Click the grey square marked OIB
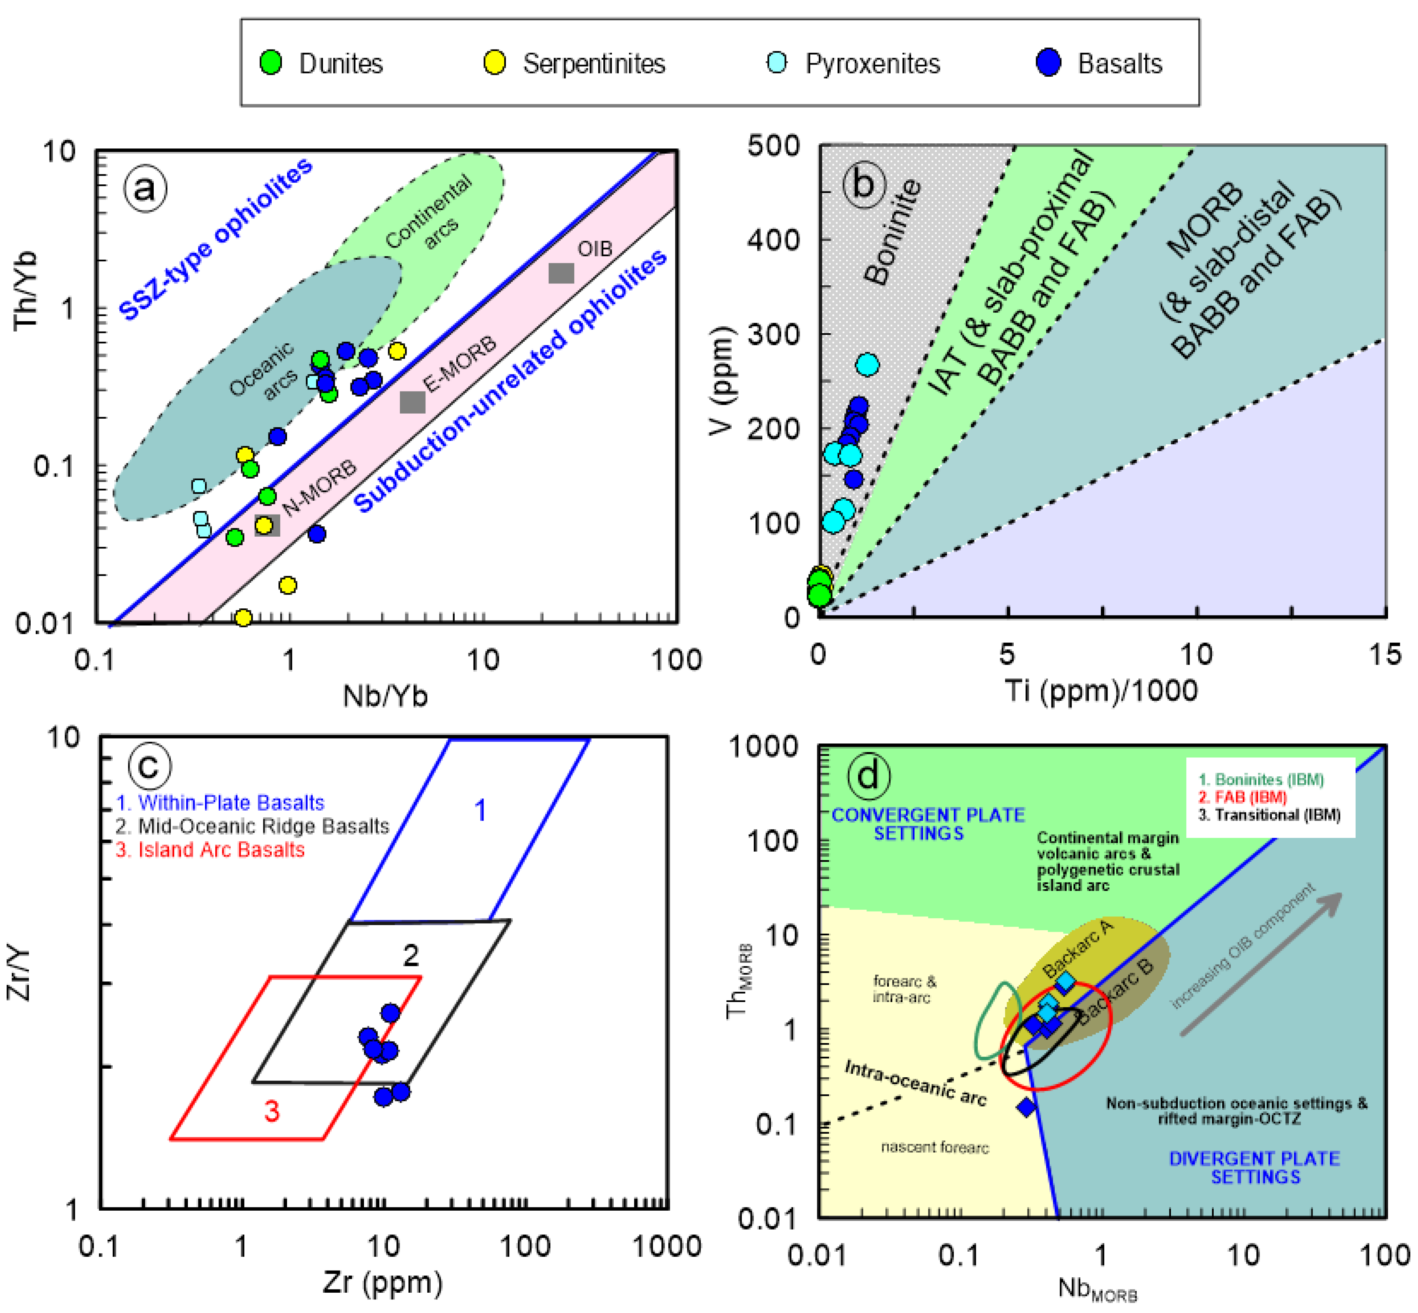click(x=561, y=273)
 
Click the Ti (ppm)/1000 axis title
click(x=1101, y=691)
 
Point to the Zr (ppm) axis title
click(x=382, y=1282)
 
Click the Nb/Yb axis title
click(x=385, y=696)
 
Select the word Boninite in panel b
click(x=893, y=233)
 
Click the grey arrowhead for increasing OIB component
click(x=1332, y=902)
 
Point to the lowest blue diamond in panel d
click(x=1026, y=1106)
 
